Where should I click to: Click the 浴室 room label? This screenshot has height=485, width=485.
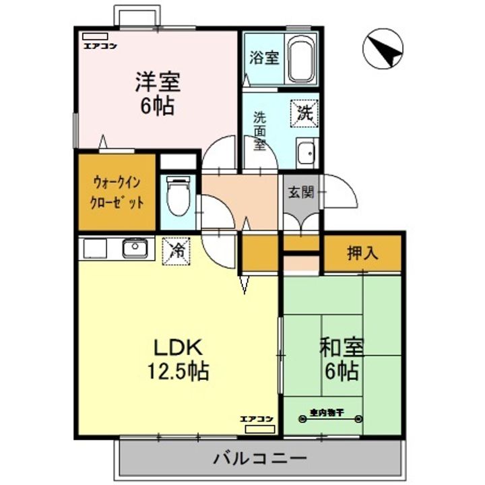(263, 58)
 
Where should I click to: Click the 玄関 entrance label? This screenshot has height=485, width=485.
(301, 193)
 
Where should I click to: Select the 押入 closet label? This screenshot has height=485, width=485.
(363, 254)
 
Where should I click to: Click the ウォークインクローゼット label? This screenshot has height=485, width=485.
(117, 193)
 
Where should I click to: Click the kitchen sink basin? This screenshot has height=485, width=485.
(135, 249)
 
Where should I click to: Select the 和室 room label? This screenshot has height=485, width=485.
(342, 348)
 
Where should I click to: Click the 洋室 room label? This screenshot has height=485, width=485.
(156, 82)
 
